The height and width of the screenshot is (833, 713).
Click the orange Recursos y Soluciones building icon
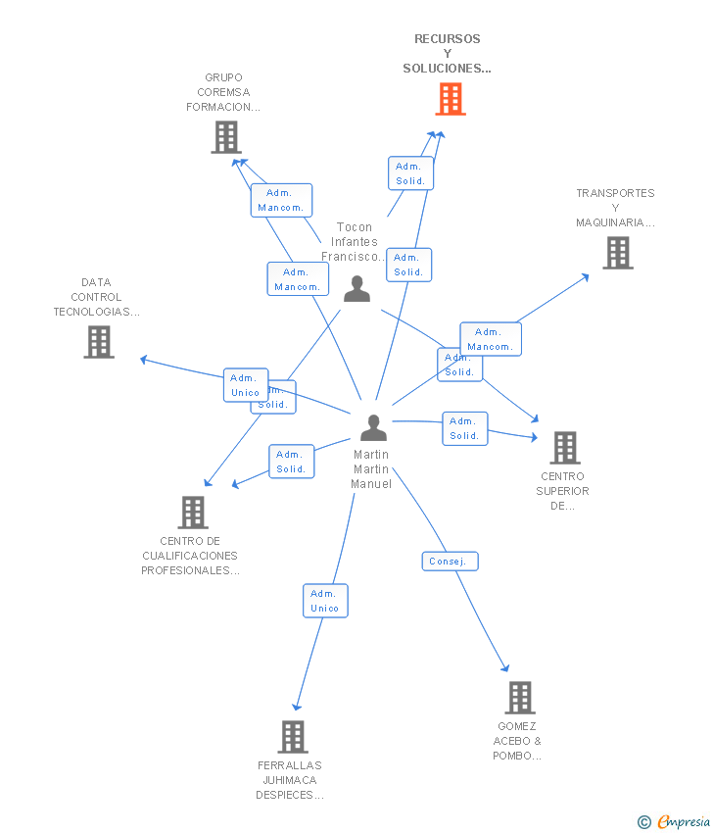tap(451, 99)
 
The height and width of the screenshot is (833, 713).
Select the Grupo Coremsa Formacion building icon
tap(226, 137)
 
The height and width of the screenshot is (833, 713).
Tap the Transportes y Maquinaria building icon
tap(617, 253)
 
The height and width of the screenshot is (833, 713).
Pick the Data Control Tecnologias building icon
tap(99, 342)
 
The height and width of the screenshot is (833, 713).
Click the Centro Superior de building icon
tap(564, 448)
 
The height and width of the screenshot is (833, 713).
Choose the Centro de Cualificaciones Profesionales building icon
tap(193, 513)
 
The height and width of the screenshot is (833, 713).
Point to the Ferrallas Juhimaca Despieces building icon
tap(293, 737)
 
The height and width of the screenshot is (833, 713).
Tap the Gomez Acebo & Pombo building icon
tap(519, 698)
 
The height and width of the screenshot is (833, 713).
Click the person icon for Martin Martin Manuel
tap(373, 428)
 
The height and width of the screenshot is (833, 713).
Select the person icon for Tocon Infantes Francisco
tap(356, 288)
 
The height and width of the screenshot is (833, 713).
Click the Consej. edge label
tap(451, 562)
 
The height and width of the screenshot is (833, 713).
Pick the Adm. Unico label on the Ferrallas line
tap(325, 601)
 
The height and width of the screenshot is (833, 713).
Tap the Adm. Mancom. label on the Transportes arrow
tap(491, 339)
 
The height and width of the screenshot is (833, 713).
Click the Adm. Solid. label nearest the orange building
tap(410, 173)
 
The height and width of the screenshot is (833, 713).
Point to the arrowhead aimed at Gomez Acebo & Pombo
tap(506, 668)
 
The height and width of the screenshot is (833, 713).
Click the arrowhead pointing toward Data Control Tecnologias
tap(144, 360)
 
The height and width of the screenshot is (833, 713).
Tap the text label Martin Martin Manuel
tap(371, 469)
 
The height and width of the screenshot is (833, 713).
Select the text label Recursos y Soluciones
tap(448, 54)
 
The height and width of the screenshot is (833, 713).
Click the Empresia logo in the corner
tap(675, 821)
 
